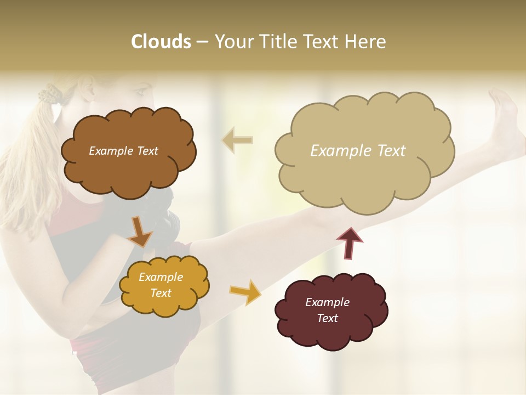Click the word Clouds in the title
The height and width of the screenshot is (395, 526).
(161, 42)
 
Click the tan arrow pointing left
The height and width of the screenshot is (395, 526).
(237, 140)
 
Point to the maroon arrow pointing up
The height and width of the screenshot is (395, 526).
(350, 243)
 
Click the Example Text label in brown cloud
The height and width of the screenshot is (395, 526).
(123, 151)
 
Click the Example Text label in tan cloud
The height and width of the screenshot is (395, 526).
(358, 151)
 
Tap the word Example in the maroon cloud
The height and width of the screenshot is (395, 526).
(327, 302)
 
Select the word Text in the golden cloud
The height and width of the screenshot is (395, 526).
(161, 294)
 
